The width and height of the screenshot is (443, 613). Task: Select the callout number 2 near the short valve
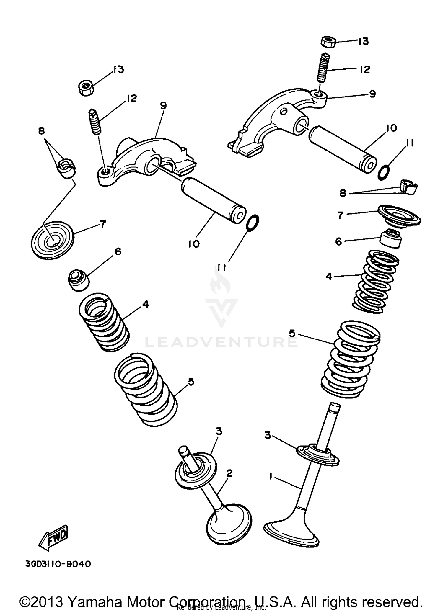pos(229,474)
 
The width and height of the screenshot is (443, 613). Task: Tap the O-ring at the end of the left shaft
pos(253,223)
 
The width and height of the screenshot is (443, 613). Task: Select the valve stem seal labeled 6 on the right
pos(391,238)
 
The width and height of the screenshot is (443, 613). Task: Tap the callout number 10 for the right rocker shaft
pos(391,128)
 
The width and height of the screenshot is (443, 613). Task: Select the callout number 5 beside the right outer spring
pos(292,333)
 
